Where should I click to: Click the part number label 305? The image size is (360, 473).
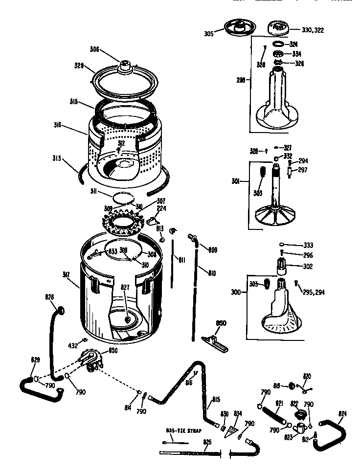[x=208, y=34]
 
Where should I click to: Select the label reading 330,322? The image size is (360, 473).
[x=314, y=30]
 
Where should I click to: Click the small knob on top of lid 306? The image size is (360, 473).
[x=125, y=63]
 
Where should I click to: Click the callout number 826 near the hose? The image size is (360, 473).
[x=50, y=297]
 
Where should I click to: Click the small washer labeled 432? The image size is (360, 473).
[x=85, y=339]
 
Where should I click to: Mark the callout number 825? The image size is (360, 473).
[x=207, y=442]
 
